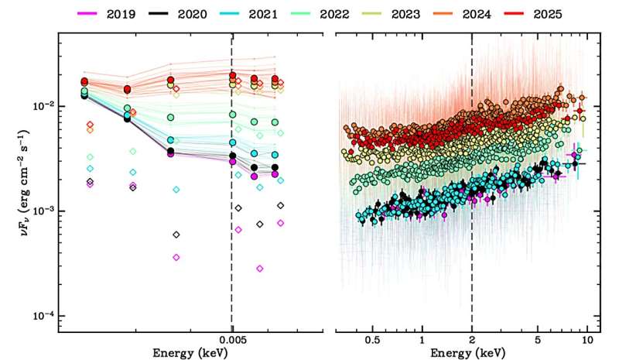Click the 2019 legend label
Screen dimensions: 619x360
tap(121, 14)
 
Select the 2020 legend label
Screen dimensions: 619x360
tap(192, 14)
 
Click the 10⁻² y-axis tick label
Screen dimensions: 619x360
tap(43, 105)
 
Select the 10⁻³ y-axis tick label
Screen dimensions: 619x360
tap(43, 211)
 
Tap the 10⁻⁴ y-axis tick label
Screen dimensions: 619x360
tap(43, 315)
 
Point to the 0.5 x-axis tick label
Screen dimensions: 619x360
tap(373, 340)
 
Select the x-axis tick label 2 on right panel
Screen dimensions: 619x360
tap(472, 340)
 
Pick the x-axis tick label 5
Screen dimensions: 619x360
tap(538, 340)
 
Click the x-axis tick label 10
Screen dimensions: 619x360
tap(587, 340)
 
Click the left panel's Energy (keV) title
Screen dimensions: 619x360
tap(190, 353)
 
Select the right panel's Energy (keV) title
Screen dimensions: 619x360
tap(467, 353)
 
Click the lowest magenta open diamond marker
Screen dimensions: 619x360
tap(260, 269)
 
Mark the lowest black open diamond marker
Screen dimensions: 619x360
tap(176, 235)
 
